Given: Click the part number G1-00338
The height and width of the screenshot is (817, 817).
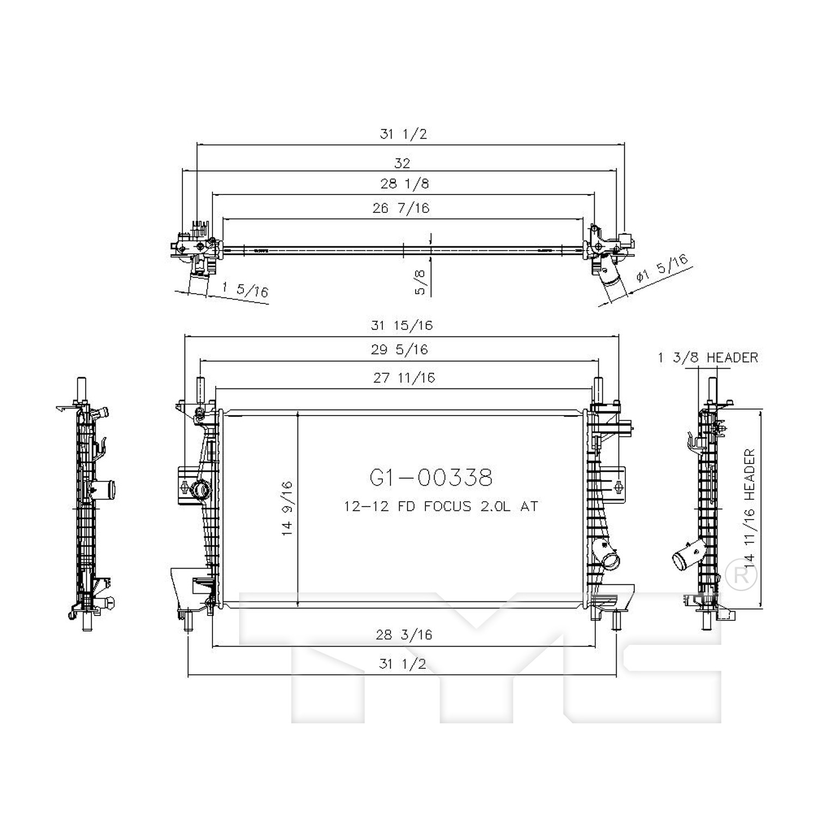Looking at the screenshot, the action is pos(431,477).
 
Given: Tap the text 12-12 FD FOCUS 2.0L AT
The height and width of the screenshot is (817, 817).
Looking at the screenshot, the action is pos(441,507).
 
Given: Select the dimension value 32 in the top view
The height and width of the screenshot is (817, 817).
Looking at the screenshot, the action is pos(402,163).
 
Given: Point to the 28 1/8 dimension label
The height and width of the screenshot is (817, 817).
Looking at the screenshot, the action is pos(405,184).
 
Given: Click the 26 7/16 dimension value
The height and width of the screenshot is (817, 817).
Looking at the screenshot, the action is pos(401,208).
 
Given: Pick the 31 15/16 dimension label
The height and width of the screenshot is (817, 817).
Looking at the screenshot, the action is pos(402,326).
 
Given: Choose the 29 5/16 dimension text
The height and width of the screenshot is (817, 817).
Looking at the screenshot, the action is pos(400,350).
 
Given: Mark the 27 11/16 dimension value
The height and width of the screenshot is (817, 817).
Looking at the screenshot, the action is pos(404,378).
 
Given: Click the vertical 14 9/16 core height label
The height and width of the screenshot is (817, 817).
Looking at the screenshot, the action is pos(288,508).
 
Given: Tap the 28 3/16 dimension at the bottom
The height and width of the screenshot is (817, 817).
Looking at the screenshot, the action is pos(404,635).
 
